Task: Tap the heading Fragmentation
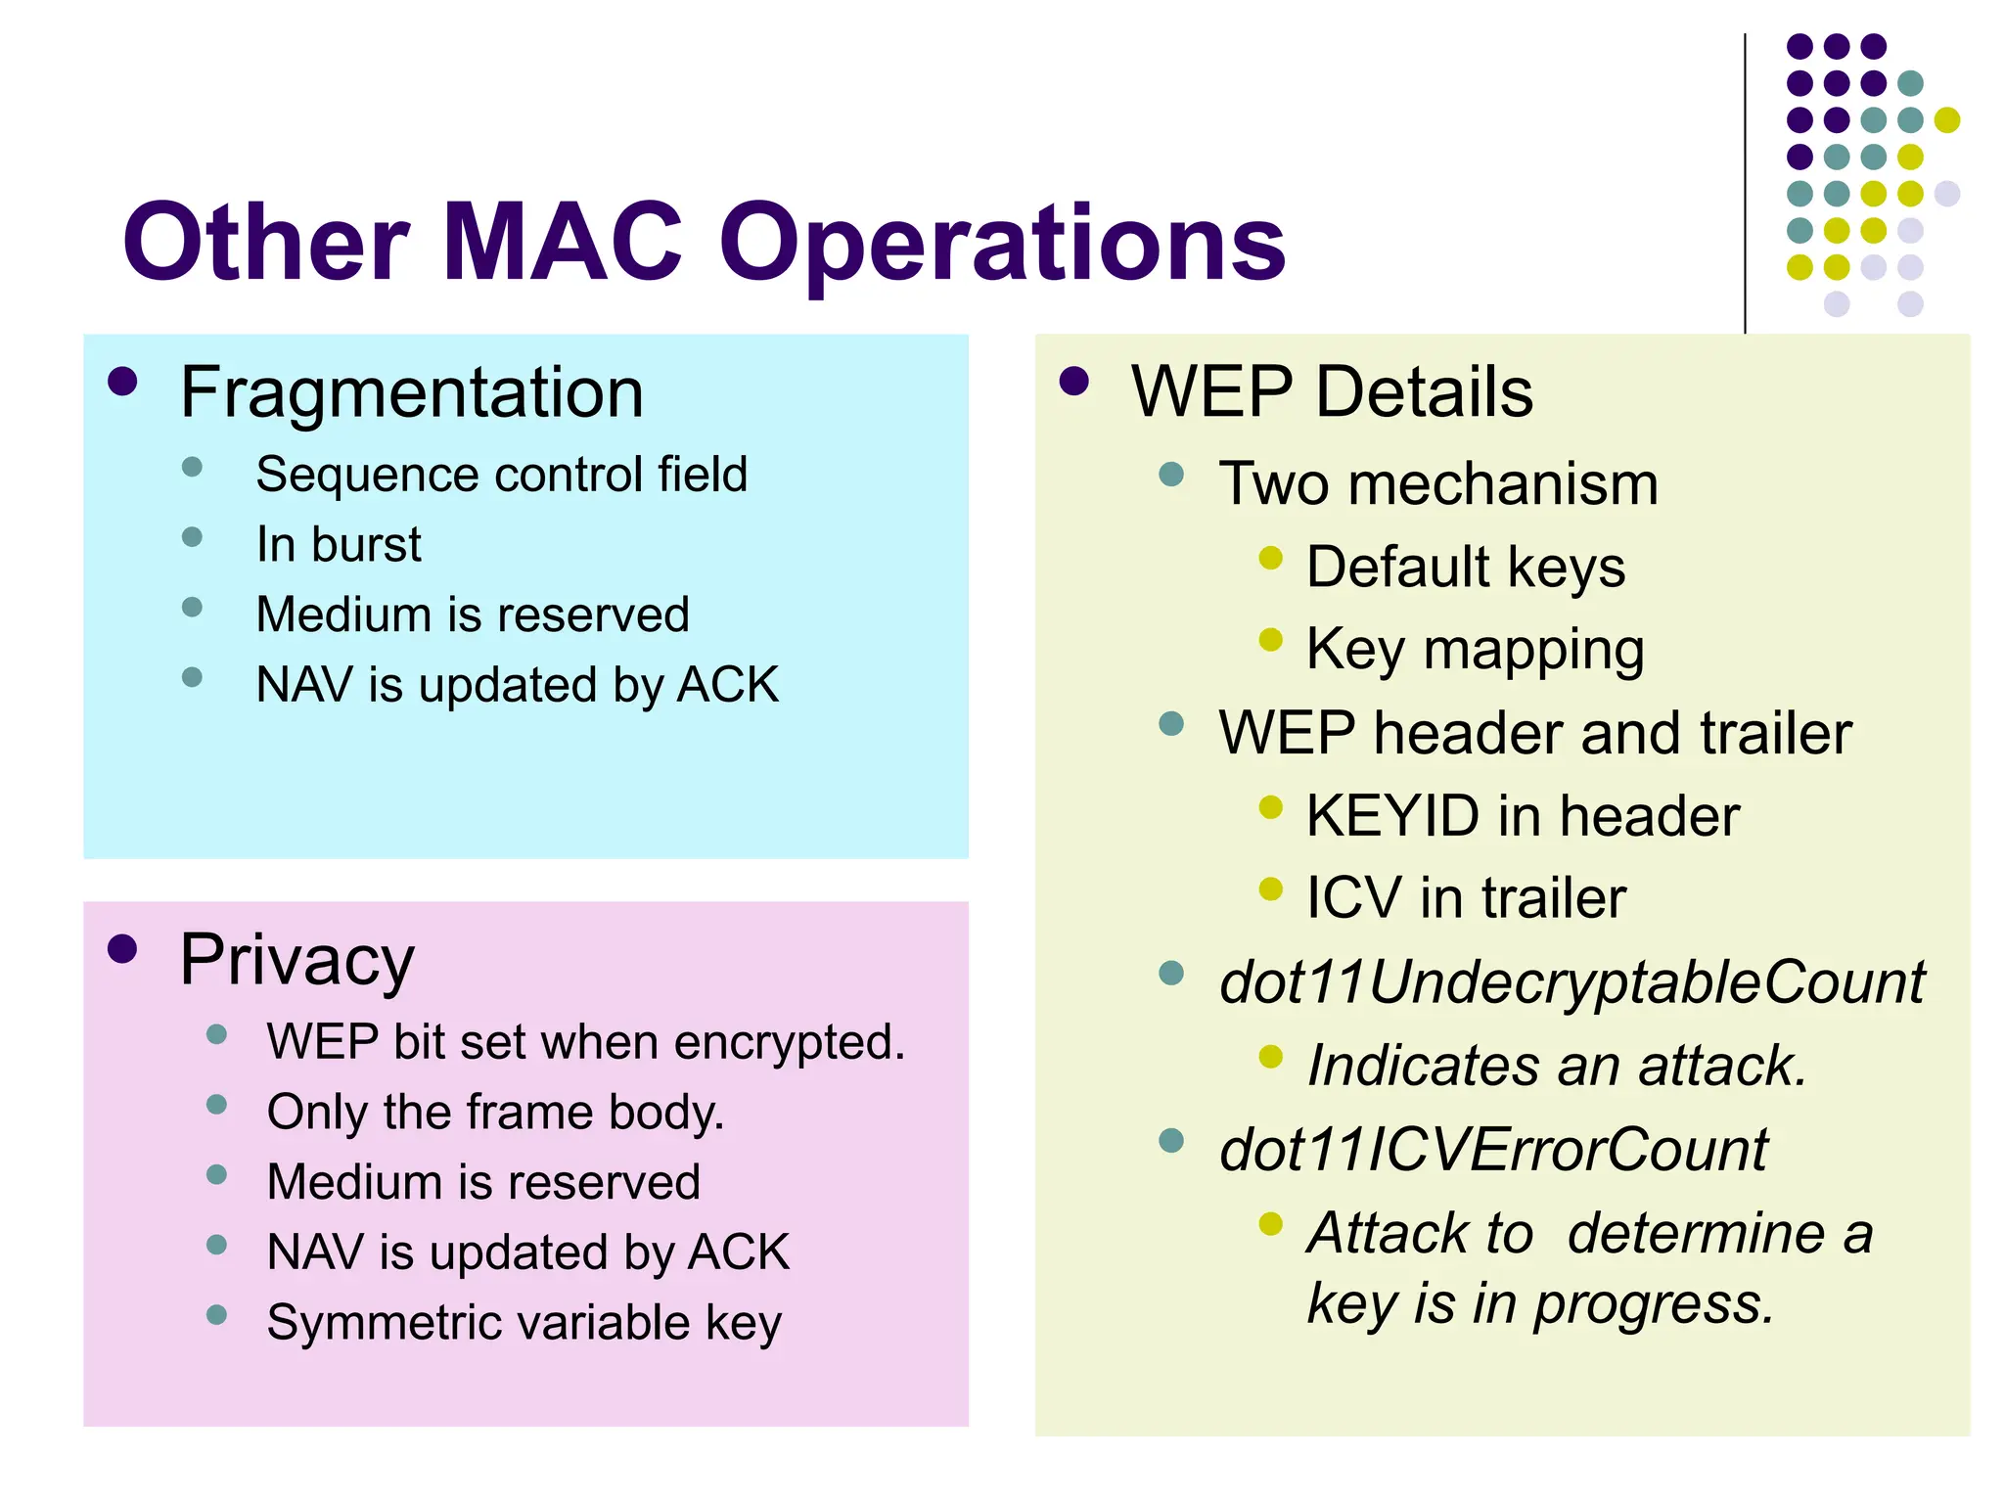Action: point(412,392)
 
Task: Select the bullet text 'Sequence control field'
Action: point(501,475)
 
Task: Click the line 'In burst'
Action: point(339,544)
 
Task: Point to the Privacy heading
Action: point(297,960)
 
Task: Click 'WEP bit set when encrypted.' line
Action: point(585,1041)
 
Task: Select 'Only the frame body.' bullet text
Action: point(495,1112)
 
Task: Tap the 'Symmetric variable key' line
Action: point(524,1322)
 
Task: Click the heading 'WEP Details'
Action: point(1332,392)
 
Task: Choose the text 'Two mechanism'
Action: point(1438,483)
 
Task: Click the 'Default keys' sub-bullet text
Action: point(1466,567)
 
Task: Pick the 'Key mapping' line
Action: point(1475,649)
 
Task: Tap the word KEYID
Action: point(1392,815)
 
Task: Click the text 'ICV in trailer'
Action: point(1466,897)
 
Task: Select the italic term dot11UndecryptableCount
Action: point(1571,981)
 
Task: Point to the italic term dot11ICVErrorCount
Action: point(1493,1149)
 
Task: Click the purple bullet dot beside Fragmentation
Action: point(122,382)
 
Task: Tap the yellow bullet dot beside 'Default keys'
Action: point(1270,558)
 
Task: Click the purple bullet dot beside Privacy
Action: point(122,949)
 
